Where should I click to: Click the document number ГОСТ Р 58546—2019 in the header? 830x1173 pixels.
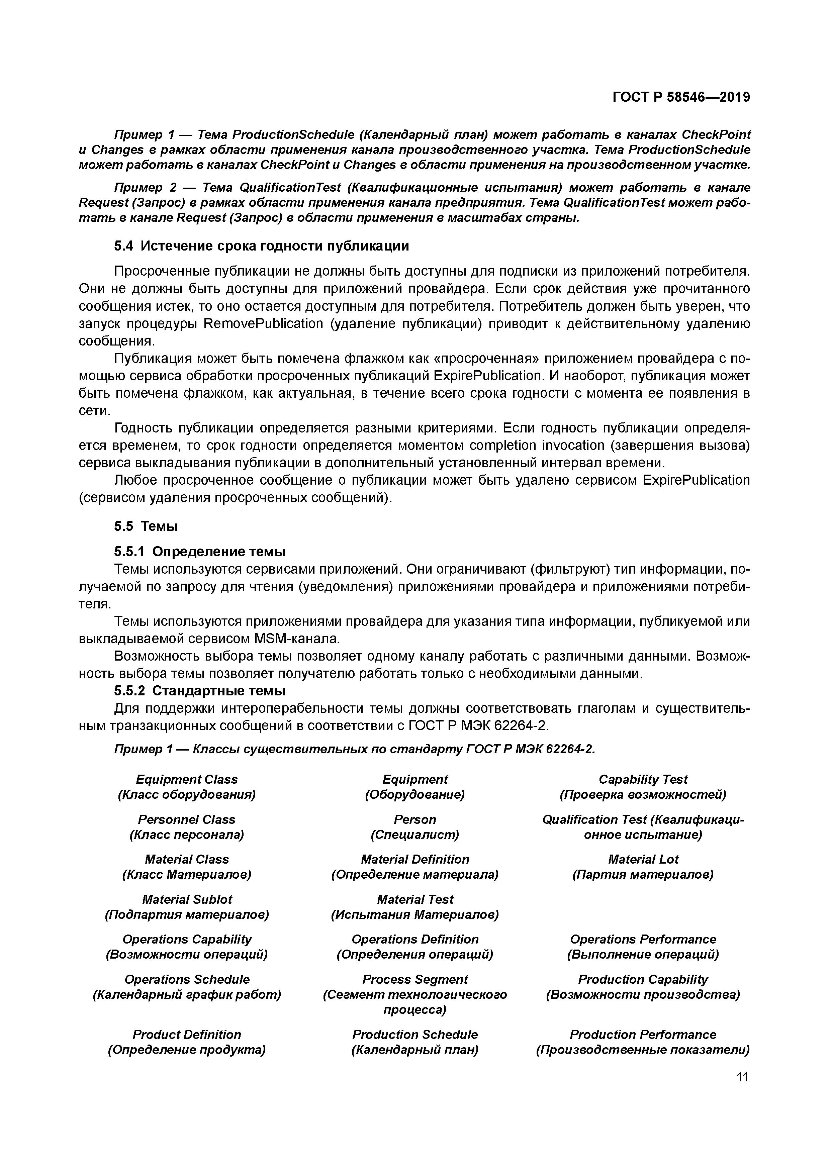coord(681,97)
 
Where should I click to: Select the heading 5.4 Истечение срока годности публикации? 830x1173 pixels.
coord(261,246)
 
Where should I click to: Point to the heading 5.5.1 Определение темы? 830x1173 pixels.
coord(199,552)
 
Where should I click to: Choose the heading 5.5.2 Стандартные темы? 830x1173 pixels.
coord(199,691)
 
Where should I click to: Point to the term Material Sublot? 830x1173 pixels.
coord(187,899)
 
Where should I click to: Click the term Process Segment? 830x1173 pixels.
coord(414,979)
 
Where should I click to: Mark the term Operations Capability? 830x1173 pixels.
coord(187,939)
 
